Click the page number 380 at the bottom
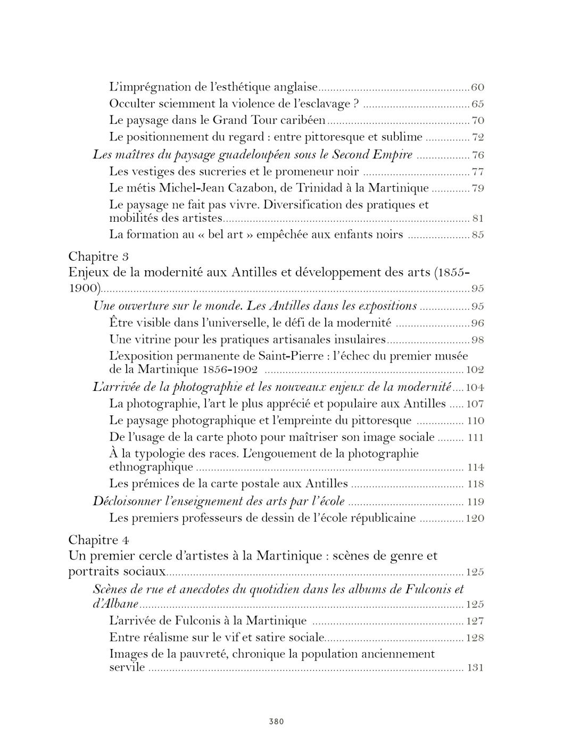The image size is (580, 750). pyautogui.click(x=276, y=721)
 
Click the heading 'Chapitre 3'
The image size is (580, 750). pyautogui.click(x=98, y=256)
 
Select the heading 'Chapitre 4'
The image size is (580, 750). pyautogui.click(x=98, y=540)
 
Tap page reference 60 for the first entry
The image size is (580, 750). pyautogui.click(x=477, y=87)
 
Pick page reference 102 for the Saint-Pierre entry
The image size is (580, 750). pyautogui.click(x=475, y=370)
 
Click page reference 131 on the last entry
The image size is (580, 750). pyautogui.click(x=475, y=668)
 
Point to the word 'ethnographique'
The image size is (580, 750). pyautogui.click(x=151, y=467)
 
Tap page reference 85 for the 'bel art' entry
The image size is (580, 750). pyautogui.click(x=477, y=235)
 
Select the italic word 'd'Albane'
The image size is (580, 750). pyautogui.click(x=115, y=604)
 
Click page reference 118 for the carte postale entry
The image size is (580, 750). pyautogui.click(x=475, y=484)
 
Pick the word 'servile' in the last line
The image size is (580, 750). pyautogui.click(x=127, y=667)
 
